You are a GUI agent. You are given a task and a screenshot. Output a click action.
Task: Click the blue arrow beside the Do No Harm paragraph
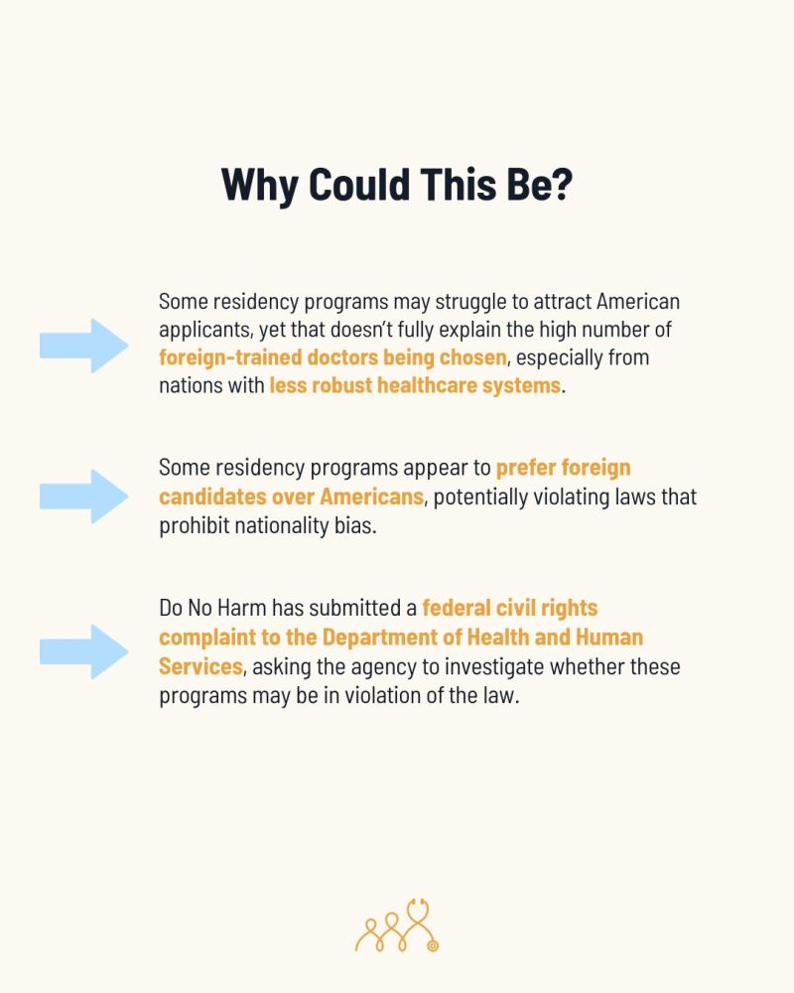coord(83,651)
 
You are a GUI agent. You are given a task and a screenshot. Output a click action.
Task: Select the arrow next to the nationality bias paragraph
coord(83,496)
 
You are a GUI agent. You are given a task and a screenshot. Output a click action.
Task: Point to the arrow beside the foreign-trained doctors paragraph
coord(83,345)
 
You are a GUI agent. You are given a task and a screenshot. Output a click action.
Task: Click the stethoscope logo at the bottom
coord(397,925)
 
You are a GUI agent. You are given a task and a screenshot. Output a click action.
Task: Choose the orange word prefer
coord(528,467)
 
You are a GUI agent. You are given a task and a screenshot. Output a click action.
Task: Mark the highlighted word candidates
coord(209,496)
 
